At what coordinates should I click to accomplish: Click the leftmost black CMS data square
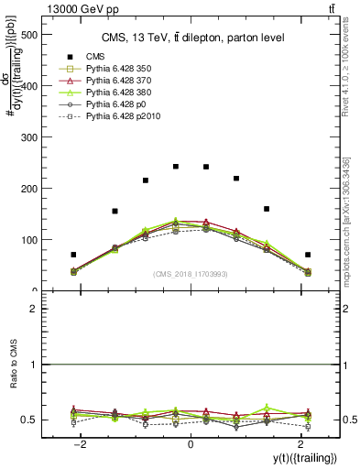point(73,255)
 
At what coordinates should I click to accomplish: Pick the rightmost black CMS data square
point(308,255)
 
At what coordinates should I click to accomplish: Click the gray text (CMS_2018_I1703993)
point(191,274)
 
